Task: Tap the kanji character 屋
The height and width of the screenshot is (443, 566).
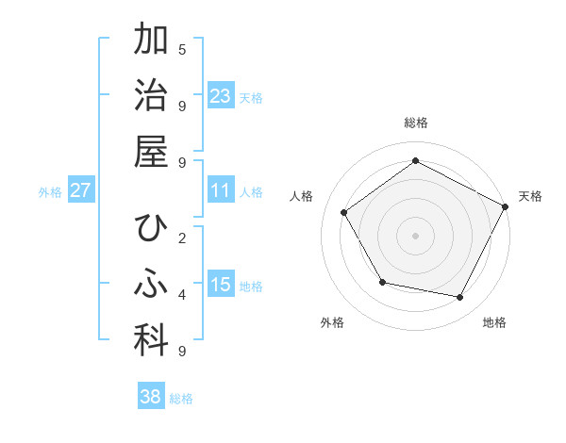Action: click(151, 151)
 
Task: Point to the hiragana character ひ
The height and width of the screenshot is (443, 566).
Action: click(151, 229)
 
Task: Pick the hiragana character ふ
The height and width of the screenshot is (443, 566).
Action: click(151, 284)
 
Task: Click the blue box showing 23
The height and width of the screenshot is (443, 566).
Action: click(221, 95)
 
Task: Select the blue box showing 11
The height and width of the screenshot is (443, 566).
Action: click(221, 190)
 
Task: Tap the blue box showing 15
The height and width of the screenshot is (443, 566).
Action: click(221, 285)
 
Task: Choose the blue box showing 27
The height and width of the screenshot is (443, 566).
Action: click(80, 190)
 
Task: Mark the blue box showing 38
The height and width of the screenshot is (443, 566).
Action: click(151, 397)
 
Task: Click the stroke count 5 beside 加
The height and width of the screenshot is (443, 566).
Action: click(182, 49)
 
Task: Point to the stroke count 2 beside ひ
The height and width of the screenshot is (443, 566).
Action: click(182, 238)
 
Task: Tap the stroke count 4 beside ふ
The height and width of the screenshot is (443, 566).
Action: click(182, 295)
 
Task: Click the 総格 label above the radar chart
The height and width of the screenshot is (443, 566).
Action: click(416, 123)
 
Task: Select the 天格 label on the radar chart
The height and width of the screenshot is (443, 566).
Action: click(530, 196)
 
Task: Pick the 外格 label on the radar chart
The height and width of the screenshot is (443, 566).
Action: click(332, 322)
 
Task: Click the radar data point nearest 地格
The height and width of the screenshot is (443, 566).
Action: click(460, 298)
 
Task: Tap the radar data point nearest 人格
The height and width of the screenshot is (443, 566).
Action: click(344, 212)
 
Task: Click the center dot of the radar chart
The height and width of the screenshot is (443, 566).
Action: click(416, 235)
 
